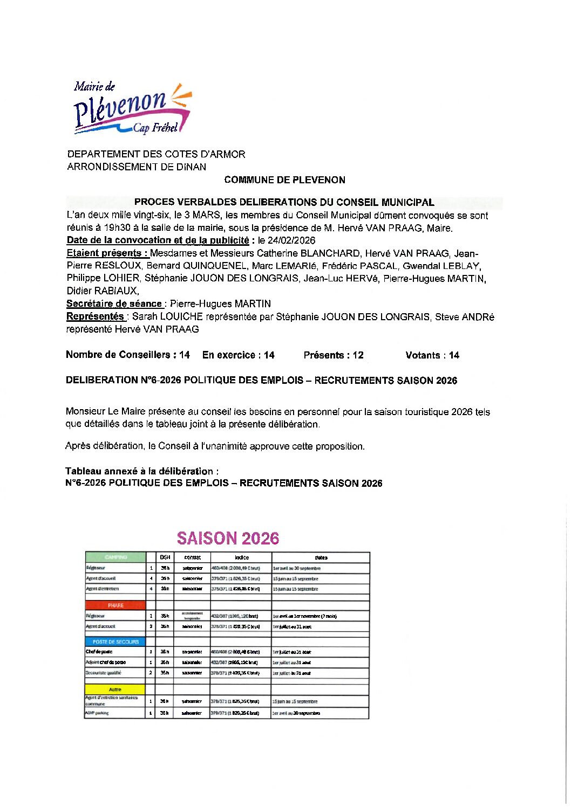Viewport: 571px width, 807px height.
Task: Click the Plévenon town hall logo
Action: (x=132, y=108)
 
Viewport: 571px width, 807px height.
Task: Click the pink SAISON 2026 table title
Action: (x=228, y=538)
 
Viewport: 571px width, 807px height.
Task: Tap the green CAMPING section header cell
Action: (x=115, y=557)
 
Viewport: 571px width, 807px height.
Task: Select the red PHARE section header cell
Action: (x=115, y=605)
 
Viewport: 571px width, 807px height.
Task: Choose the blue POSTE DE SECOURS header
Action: (x=115, y=642)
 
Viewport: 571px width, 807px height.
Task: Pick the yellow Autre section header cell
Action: (x=115, y=689)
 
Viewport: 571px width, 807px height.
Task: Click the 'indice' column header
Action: (x=241, y=557)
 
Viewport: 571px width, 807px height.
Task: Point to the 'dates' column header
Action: (x=321, y=557)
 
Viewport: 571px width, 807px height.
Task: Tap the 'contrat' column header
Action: (x=192, y=557)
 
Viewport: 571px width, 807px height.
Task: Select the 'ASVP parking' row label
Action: (x=97, y=713)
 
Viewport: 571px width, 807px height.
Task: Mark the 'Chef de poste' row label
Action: (x=99, y=652)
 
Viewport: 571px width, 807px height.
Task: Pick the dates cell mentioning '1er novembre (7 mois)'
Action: (x=305, y=616)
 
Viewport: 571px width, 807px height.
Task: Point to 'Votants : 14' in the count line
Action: (x=432, y=355)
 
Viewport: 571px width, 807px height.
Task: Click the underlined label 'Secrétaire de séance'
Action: (x=114, y=304)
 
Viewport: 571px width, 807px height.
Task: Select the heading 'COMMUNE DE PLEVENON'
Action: (x=284, y=180)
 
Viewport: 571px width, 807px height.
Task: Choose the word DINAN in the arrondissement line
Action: (x=191, y=167)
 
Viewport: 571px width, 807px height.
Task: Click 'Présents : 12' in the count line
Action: (x=334, y=355)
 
